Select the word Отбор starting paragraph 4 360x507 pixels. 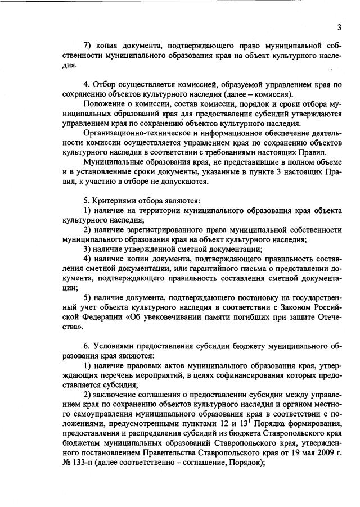click(103, 85)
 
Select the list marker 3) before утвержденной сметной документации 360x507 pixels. click(87, 249)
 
